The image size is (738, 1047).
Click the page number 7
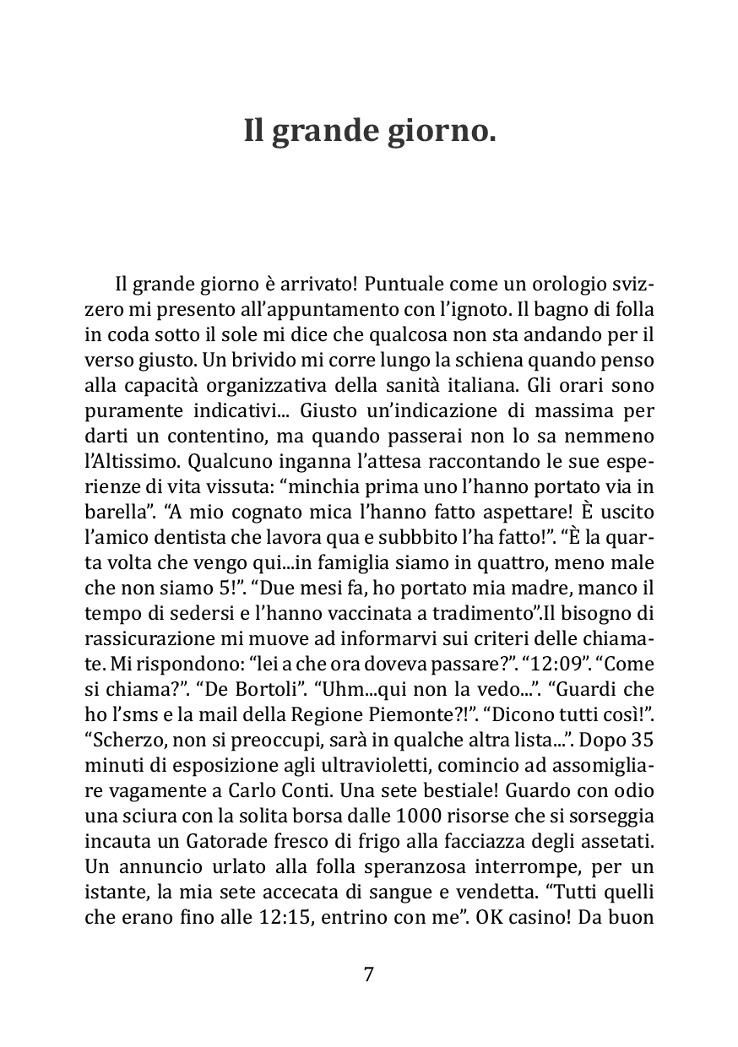368,974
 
